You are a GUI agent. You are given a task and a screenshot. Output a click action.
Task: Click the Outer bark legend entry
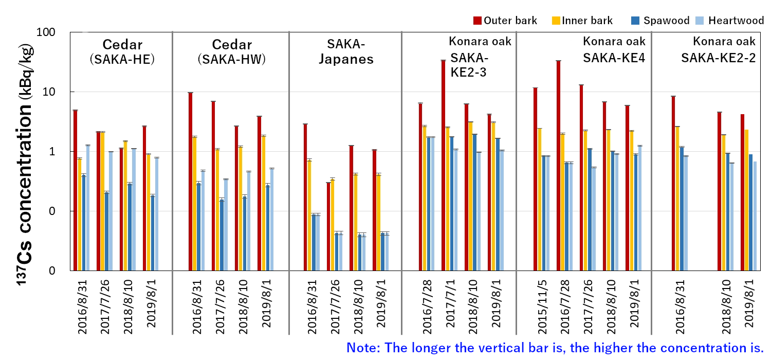505,21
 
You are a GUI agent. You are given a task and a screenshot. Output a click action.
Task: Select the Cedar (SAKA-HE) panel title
122,51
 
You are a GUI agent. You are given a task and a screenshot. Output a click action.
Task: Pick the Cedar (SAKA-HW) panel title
231,51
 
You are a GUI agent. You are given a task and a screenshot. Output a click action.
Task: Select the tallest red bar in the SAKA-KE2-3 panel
443,165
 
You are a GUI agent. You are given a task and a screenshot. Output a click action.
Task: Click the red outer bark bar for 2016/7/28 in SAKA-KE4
558,165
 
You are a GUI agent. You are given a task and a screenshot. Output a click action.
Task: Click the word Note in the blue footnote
363,348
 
